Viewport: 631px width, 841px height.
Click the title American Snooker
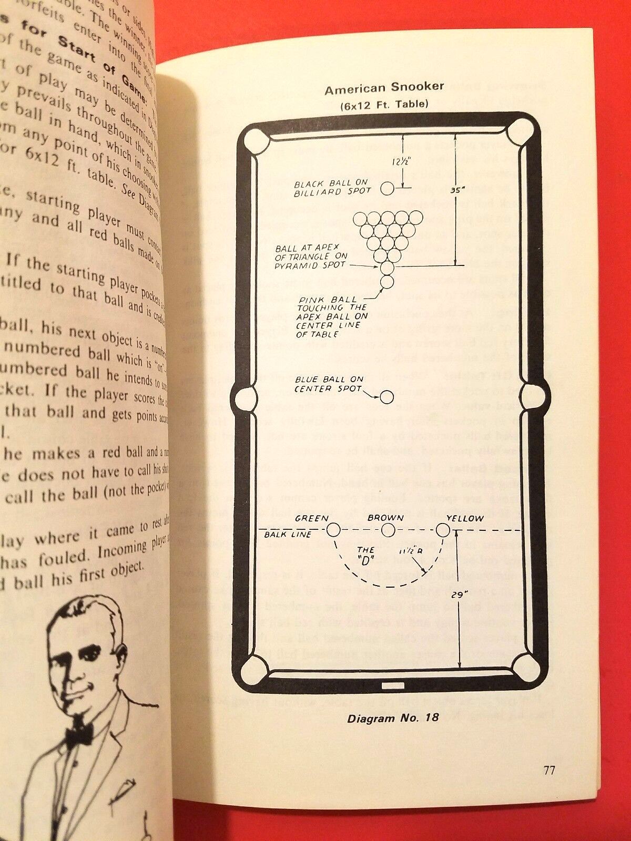click(x=384, y=88)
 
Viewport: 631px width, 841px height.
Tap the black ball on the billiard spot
click(x=387, y=189)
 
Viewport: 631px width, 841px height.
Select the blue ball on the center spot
click(x=387, y=397)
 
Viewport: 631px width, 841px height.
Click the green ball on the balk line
click(x=333, y=529)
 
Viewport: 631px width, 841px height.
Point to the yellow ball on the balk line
click(x=443, y=530)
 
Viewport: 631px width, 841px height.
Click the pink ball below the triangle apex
click(x=387, y=282)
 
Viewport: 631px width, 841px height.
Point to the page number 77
click(x=549, y=771)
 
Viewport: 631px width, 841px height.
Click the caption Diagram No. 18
click(x=393, y=718)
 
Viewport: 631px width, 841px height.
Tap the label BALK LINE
click(x=288, y=535)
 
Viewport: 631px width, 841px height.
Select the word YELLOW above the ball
click(x=465, y=518)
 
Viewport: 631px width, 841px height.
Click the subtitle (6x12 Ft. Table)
click(x=384, y=105)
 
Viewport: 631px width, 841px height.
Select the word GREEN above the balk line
click(x=311, y=518)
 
